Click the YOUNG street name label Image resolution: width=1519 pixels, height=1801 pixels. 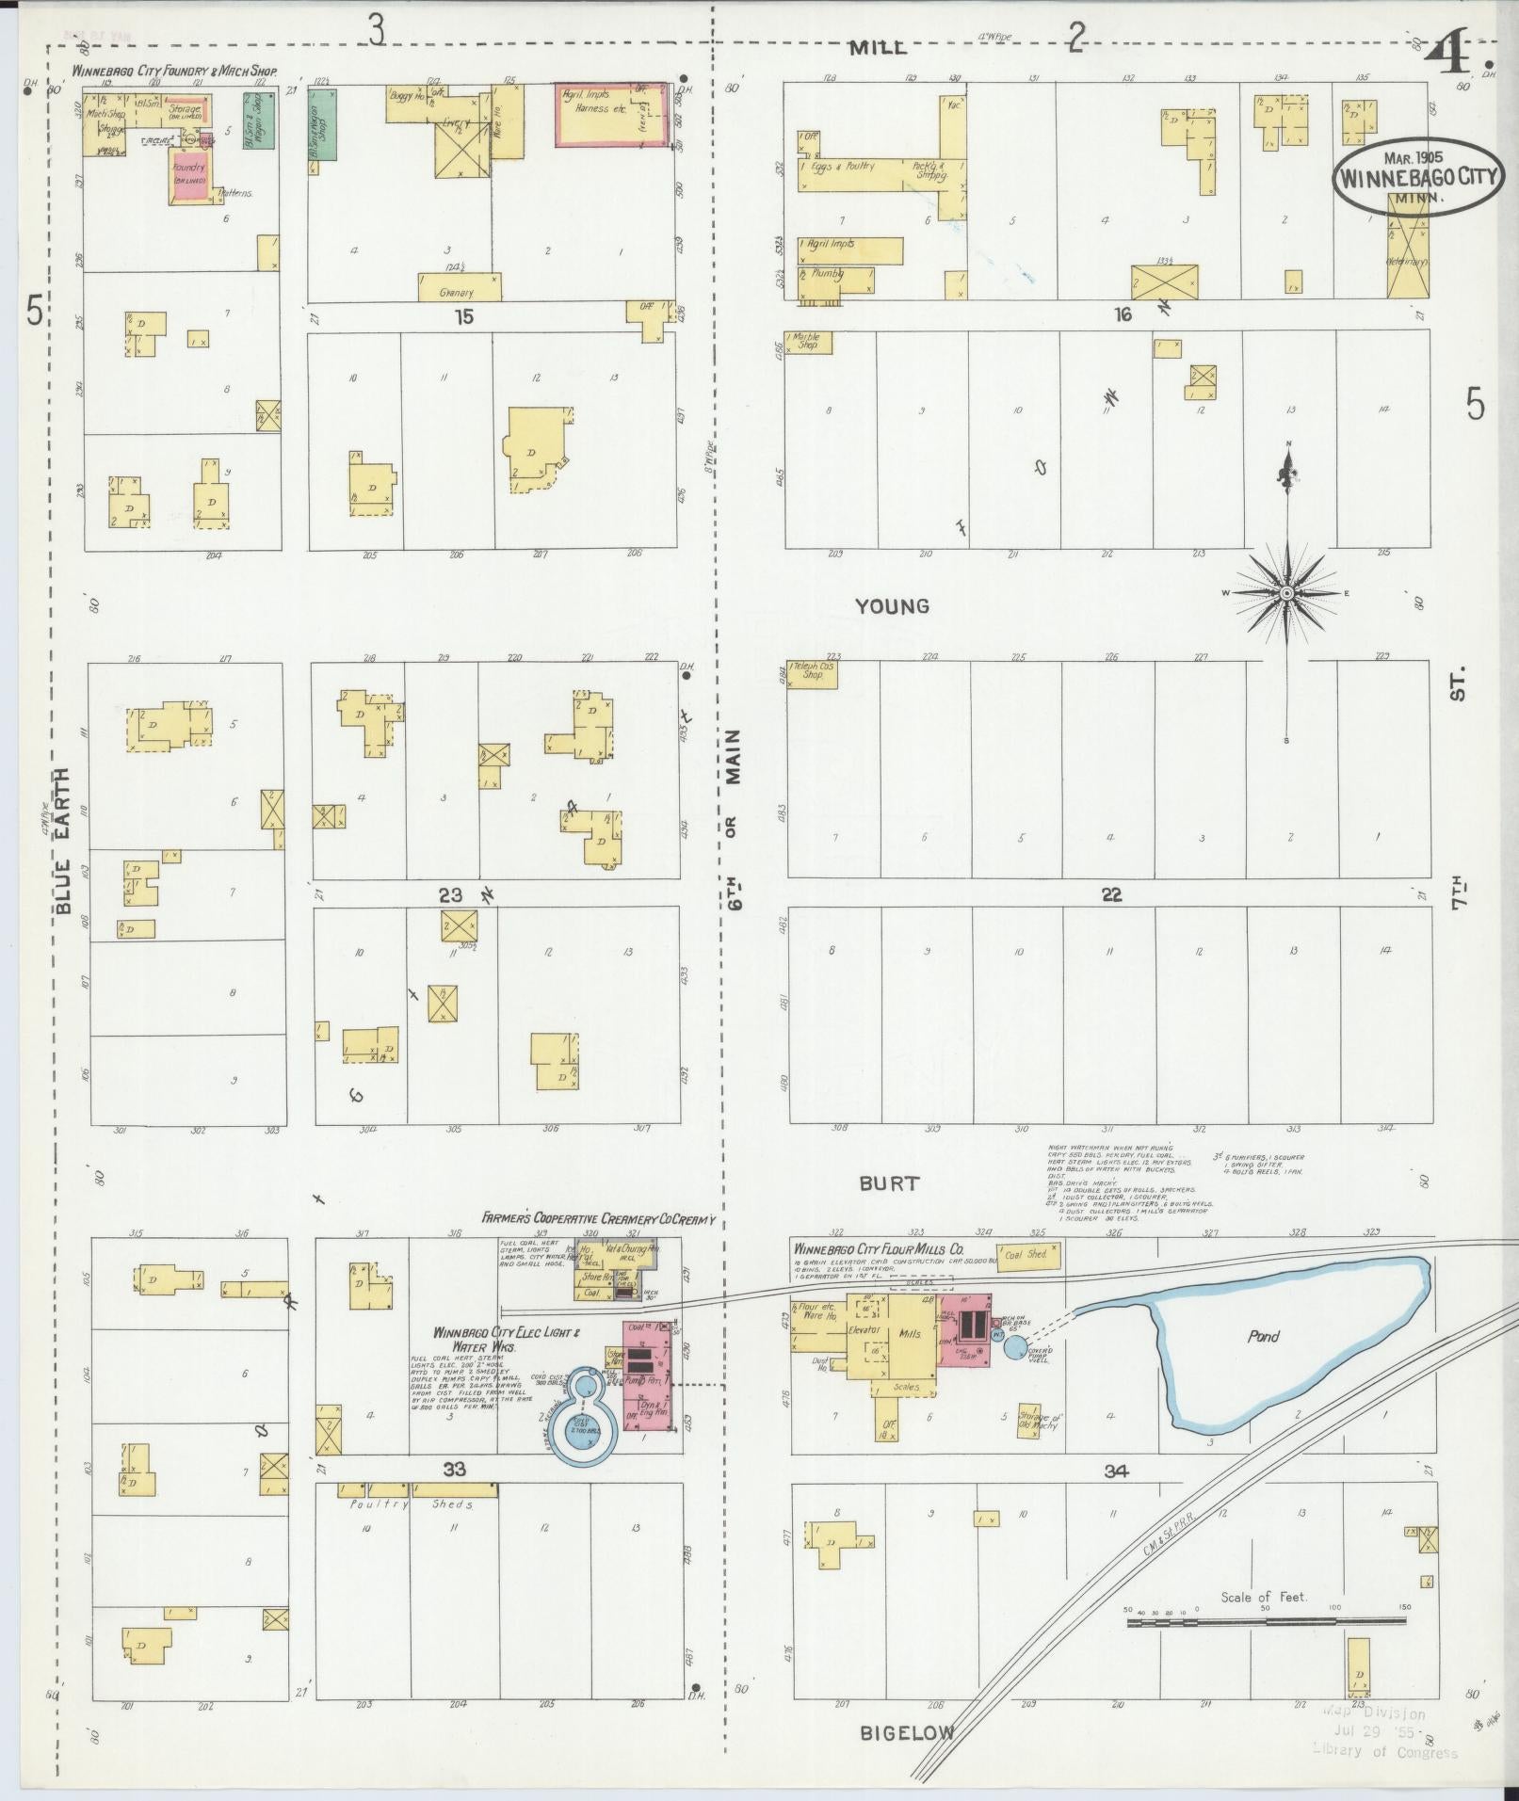coord(892,606)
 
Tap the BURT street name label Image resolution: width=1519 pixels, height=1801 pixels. coord(889,1183)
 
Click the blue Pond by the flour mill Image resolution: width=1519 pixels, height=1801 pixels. coord(1262,1337)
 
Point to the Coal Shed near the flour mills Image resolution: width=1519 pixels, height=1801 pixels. coord(1026,1255)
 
